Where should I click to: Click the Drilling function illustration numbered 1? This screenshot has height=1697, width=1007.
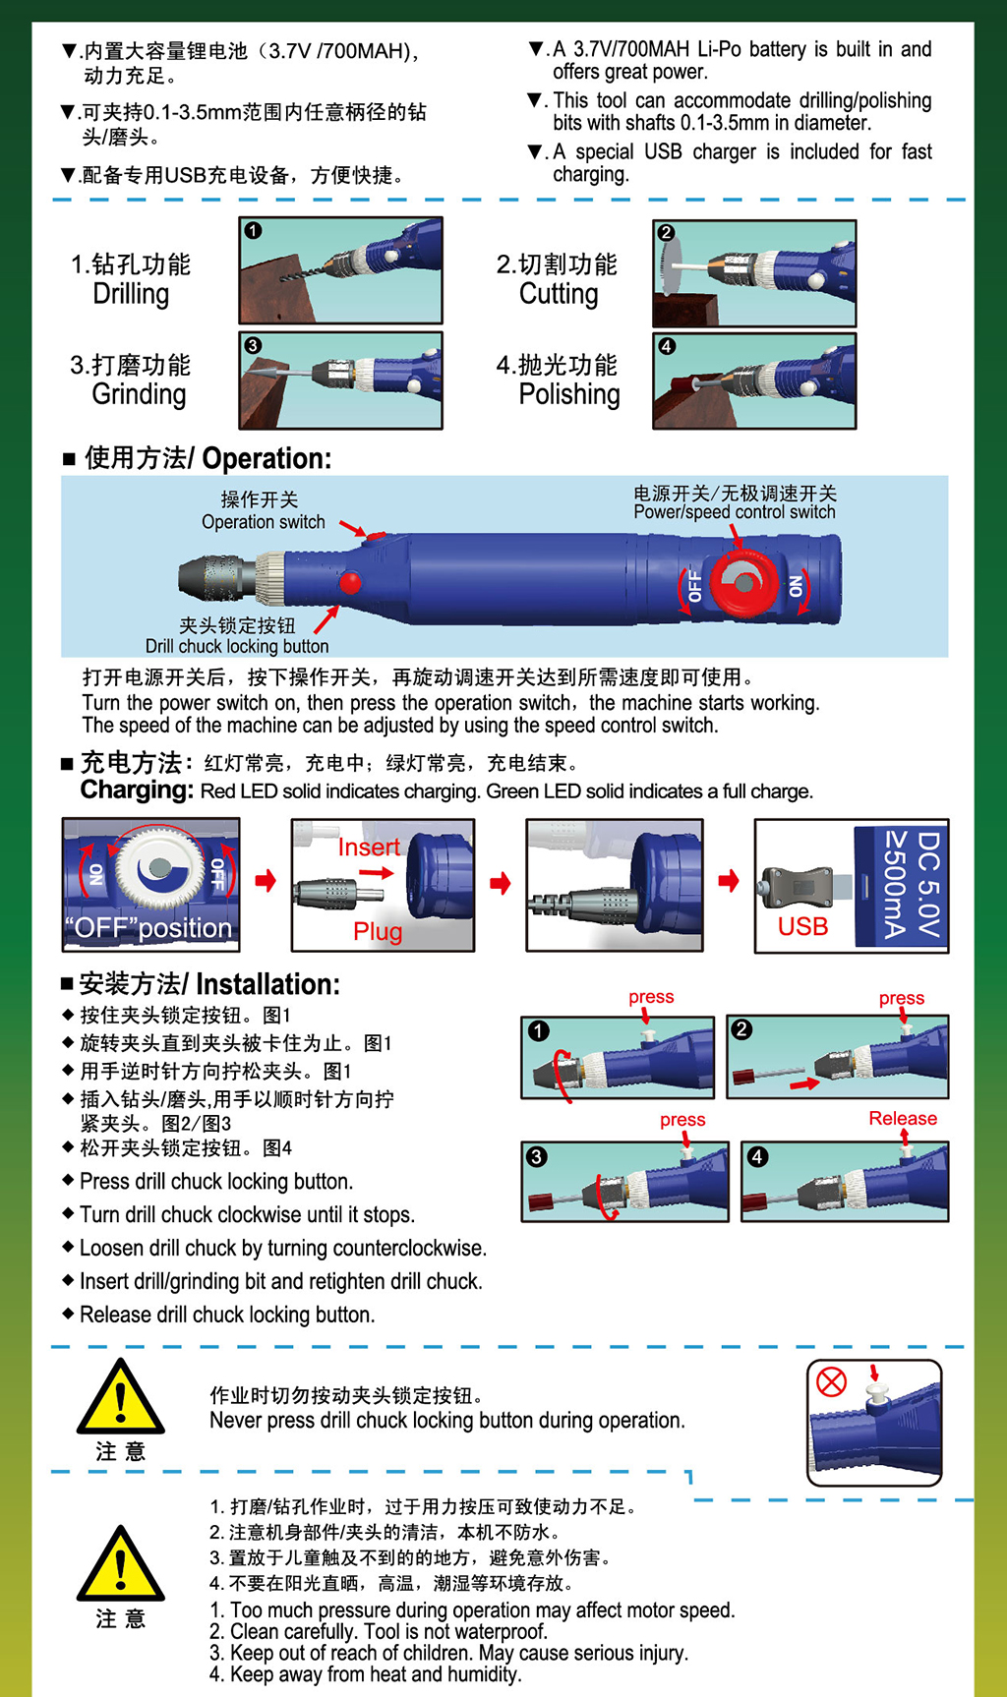pos(340,270)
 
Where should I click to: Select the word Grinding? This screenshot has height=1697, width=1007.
pos(139,394)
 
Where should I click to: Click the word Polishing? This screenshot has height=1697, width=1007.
pos(569,394)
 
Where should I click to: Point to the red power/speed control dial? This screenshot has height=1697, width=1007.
pos(742,583)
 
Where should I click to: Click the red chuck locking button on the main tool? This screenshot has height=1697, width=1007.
pos(350,584)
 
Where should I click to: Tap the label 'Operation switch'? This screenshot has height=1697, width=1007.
pos(264,522)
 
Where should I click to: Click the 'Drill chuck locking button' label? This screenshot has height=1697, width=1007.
pos(237,646)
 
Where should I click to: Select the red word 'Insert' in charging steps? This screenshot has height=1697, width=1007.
pos(369,847)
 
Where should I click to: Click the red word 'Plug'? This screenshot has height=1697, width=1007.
pos(378,931)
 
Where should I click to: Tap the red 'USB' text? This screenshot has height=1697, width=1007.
pos(802,926)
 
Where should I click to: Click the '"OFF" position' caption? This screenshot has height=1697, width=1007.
pos(148,928)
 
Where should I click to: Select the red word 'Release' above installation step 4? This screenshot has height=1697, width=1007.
pos(903,1118)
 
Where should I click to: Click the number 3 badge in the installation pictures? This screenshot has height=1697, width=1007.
pos(537,1156)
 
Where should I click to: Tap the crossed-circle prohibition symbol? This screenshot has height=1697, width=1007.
pos(832,1381)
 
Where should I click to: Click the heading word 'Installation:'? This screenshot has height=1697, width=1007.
pos(268,984)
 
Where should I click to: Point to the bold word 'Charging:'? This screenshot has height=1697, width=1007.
pos(137,790)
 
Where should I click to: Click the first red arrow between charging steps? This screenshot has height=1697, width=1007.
pos(266,880)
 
